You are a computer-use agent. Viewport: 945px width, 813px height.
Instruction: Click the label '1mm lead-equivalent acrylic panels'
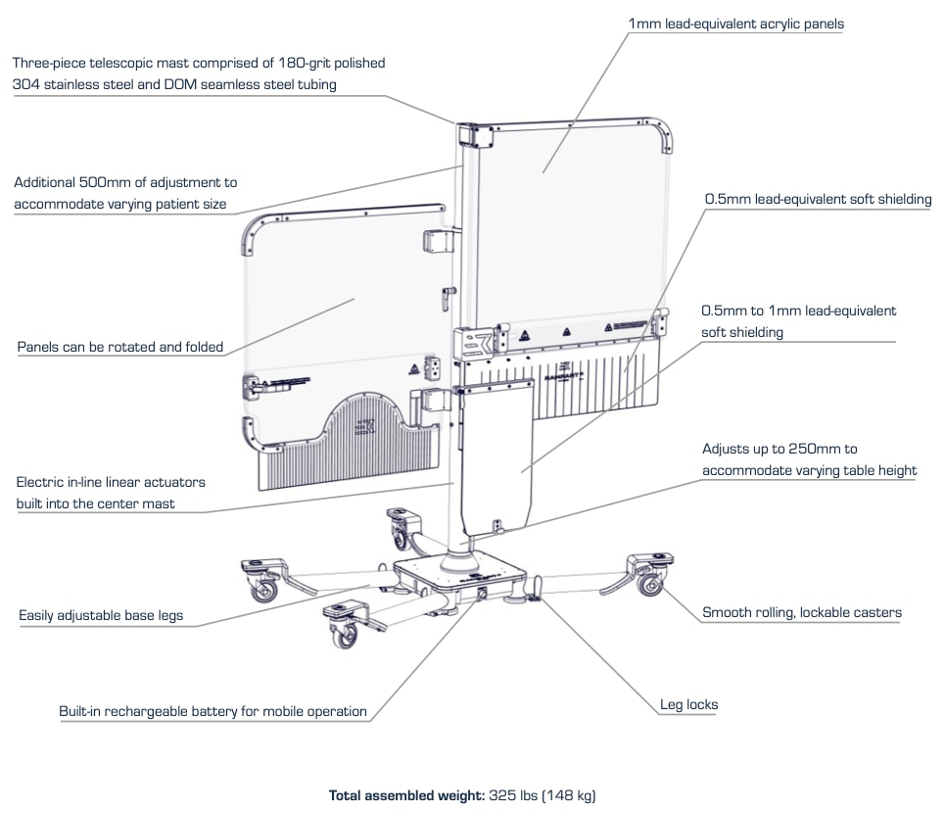click(735, 24)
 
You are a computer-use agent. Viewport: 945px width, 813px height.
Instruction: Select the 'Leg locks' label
click(688, 704)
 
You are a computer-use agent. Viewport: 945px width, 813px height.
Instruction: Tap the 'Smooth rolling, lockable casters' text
click(802, 613)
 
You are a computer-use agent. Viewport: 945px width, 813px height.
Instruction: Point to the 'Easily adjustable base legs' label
click(101, 616)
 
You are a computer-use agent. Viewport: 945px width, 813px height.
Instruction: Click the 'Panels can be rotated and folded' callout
click(120, 347)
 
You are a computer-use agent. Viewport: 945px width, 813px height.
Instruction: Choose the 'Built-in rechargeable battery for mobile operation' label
click(213, 711)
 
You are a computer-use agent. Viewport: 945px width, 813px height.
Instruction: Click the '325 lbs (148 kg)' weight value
click(542, 794)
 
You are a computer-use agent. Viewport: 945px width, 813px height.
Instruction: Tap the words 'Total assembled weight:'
click(406, 794)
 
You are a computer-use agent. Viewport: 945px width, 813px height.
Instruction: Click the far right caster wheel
click(649, 585)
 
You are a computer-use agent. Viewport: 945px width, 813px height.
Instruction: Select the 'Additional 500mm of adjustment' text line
click(125, 182)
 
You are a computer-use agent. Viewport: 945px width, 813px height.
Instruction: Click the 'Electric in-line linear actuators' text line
click(111, 482)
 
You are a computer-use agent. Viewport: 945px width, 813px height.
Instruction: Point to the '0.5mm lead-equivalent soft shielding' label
click(818, 199)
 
